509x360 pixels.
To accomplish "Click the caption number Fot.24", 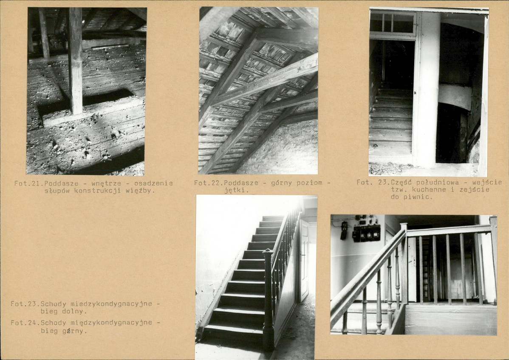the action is pos(25,323).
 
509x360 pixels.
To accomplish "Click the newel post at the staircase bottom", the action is pos(268,298).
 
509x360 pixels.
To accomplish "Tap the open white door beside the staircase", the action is pos(304,259).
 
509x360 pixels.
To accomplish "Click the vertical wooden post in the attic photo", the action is pos(75,61).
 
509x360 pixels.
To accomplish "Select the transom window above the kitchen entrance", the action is pos(393,22).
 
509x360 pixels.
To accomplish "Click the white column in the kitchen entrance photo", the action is pos(426,89).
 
